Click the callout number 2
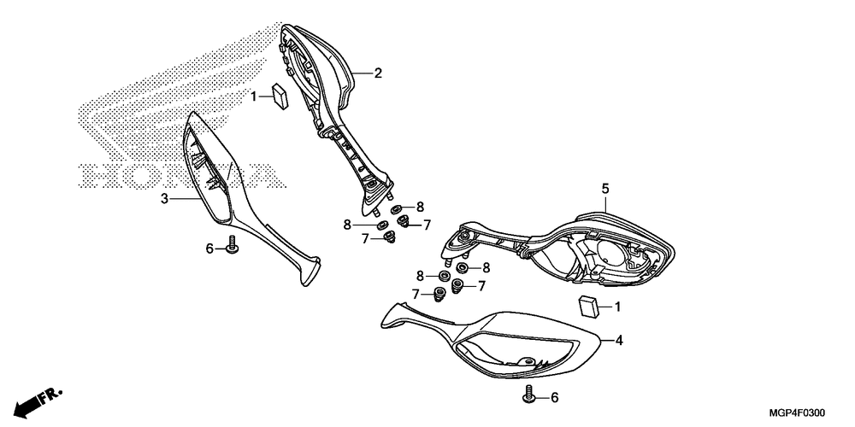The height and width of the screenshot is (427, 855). click(377, 73)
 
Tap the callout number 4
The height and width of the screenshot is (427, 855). click(619, 341)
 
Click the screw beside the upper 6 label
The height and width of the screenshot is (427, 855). click(231, 248)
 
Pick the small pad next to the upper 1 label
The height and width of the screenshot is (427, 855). click(279, 94)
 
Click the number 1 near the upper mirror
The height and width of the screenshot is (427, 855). click(254, 97)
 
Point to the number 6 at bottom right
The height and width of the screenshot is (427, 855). click(553, 398)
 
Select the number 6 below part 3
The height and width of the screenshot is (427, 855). click(209, 249)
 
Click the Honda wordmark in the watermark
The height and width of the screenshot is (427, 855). click(180, 175)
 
